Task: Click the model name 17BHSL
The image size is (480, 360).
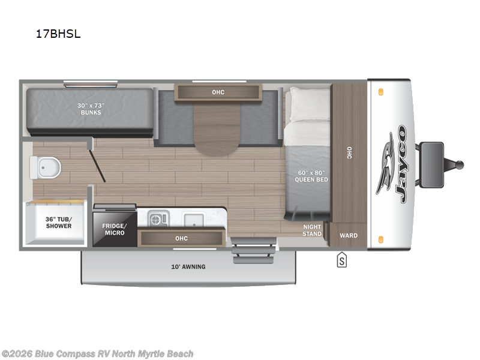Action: pyautogui.click(x=58, y=34)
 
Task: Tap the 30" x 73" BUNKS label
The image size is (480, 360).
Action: pyautogui.click(x=91, y=109)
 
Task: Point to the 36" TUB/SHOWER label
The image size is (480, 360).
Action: pyautogui.click(x=58, y=222)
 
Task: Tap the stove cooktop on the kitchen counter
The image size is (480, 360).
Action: pyautogui.click(x=158, y=219)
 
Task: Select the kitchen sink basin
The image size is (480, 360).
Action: pyautogui.click(x=194, y=219)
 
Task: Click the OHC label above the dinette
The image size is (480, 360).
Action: pyautogui.click(x=218, y=92)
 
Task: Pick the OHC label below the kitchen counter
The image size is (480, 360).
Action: pyautogui.click(x=181, y=238)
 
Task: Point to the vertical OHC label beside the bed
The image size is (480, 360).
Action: pyautogui.click(x=349, y=153)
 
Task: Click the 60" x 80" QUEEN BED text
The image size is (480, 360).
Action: pyautogui.click(x=311, y=176)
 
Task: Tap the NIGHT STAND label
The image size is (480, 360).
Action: pyautogui.click(x=311, y=230)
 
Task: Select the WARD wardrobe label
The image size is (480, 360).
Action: pyautogui.click(x=349, y=235)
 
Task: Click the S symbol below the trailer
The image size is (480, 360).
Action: pyautogui.click(x=341, y=260)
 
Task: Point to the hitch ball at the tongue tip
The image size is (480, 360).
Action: pyautogui.click(x=461, y=164)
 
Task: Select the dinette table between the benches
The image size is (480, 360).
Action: pyautogui.click(x=217, y=128)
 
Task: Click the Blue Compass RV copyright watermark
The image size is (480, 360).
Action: pyautogui.click(x=97, y=354)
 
